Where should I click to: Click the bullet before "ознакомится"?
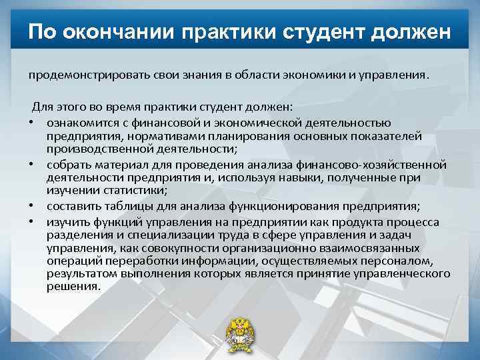pos(32,123)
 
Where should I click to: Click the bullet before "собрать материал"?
pos(32,165)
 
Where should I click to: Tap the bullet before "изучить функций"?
pos(32,221)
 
